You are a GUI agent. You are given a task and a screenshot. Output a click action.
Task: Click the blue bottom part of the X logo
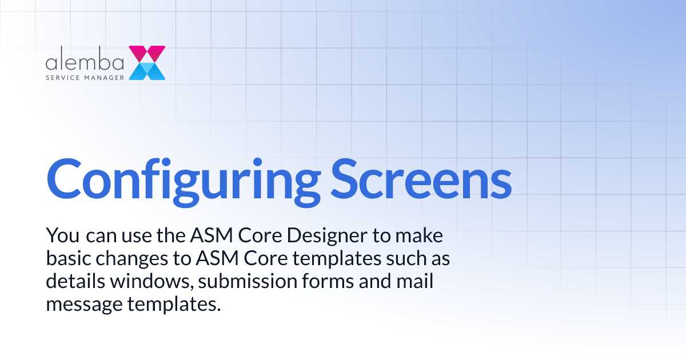click(147, 71)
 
